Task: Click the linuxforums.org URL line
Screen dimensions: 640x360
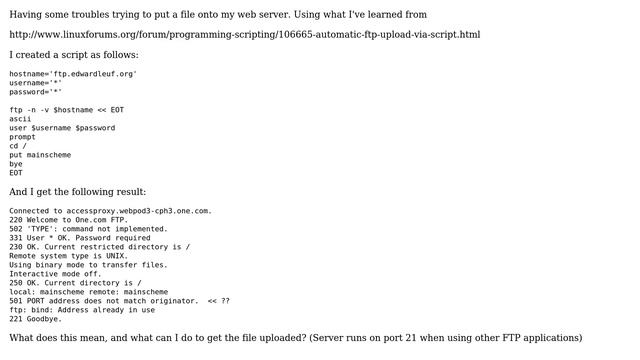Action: pos(245,35)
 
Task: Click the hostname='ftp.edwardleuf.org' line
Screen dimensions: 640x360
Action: pos(73,74)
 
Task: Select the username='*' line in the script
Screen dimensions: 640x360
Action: pos(36,83)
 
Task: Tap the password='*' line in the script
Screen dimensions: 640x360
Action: pos(36,92)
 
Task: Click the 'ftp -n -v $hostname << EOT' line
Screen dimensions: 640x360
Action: pos(67,110)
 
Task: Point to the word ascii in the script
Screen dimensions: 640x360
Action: pos(21,119)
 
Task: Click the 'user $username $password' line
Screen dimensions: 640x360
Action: pos(62,128)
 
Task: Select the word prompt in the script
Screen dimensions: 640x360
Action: pos(23,137)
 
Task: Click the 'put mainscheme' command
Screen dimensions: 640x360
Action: pos(40,155)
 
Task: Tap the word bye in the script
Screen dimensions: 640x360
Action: pos(16,164)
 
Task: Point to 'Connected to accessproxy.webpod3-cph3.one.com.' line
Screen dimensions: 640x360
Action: pos(110,211)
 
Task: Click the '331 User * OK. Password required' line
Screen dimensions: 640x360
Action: pos(80,238)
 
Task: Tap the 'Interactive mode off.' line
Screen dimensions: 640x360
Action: pos(55,274)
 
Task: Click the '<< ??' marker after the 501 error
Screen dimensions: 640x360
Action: pos(218,301)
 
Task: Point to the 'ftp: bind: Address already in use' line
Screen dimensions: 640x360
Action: pos(82,310)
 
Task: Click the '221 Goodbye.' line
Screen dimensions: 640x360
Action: pos(35,319)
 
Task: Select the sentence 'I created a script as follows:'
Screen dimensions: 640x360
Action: pos(74,55)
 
